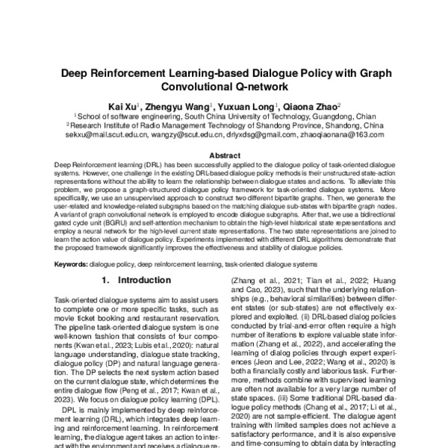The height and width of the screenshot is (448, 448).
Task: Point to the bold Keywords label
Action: tap(72, 264)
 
